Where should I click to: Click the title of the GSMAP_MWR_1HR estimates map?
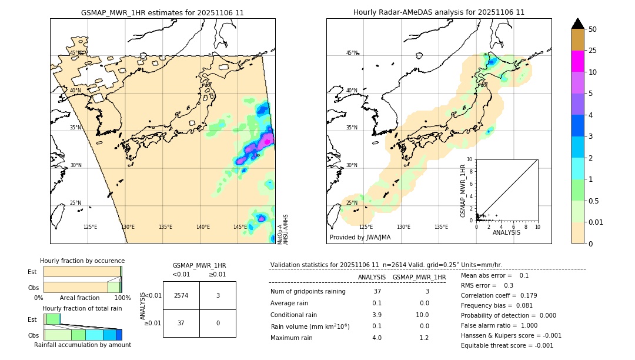coord(162,12)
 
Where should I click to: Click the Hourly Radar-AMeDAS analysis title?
coord(439,12)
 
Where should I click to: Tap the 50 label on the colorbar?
coord(593,29)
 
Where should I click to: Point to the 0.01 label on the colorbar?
coord(596,222)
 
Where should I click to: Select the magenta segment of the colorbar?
coord(577,61)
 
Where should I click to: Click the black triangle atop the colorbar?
coord(577,24)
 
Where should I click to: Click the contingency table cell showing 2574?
coord(181,295)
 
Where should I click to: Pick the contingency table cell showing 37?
coord(181,323)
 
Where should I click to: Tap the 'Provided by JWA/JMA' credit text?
coord(360,238)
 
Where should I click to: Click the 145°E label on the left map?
coord(240,227)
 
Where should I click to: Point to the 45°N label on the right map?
coord(352,53)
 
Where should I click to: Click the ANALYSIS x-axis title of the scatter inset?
coord(506,233)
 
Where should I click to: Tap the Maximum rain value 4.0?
coord(377,338)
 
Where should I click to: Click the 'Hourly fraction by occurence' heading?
coord(82,261)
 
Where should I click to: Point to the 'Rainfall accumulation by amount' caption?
coord(82,345)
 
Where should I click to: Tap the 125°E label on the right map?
coord(366,227)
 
